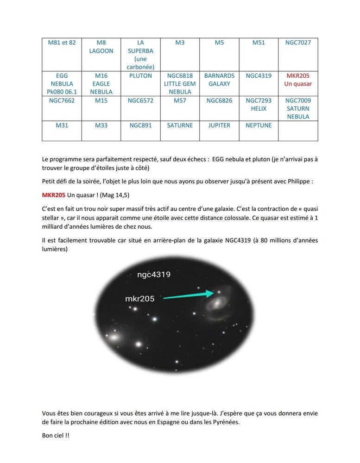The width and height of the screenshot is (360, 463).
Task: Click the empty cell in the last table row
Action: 298,131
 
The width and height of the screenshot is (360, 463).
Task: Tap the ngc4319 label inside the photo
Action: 154,275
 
